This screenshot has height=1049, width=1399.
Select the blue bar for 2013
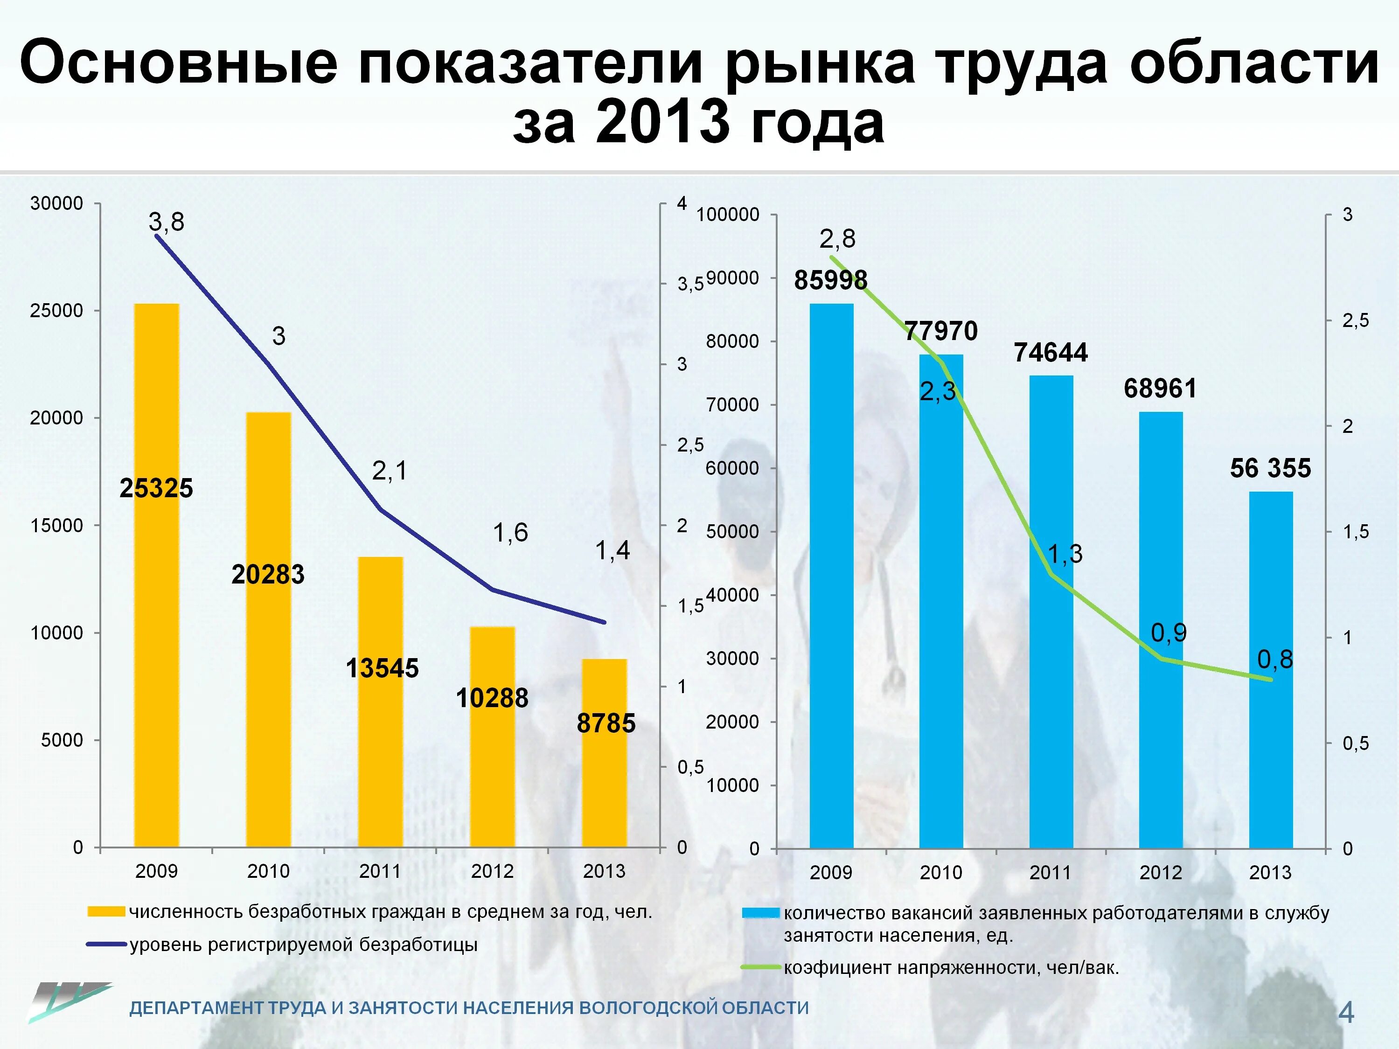(1271, 670)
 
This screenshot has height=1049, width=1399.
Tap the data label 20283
(268, 575)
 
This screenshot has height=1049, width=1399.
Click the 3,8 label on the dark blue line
(167, 222)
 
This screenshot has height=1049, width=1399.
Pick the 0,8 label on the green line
(1274, 660)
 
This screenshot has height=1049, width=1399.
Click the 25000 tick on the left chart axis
(57, 311)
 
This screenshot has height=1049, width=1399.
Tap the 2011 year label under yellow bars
(380, 871)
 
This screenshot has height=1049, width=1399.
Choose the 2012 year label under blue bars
(1161, 873)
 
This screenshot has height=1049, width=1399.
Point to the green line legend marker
(760, 967)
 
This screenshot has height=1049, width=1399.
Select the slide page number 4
(1346, 1012)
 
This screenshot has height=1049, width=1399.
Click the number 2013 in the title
(663, 122)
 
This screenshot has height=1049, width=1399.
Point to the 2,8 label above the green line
(837, 239)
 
